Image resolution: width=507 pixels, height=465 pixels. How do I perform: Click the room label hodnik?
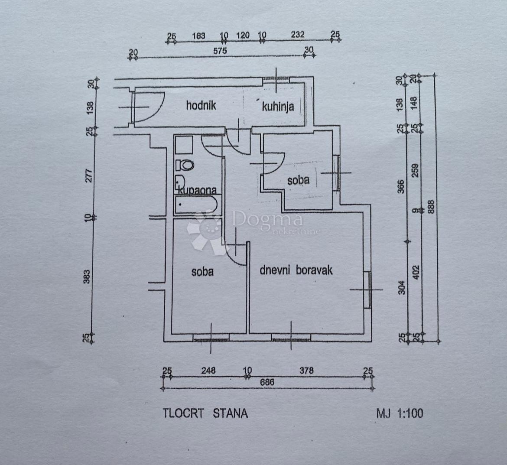pyautogui.click(x=201, y=105)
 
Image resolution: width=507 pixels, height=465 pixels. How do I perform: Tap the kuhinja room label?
pyautogui.click(x=278, y=106)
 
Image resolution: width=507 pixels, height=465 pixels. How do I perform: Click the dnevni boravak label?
pyautogui.click(x=296, y=270)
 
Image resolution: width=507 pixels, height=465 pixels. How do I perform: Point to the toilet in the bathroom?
pyautogui.click(x=186, y=165)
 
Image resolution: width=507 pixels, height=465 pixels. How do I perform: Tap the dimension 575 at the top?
pyautogui.click(x=220, y=51)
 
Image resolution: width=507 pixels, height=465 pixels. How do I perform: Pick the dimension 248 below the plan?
pyautogui.click(x=208, y=371)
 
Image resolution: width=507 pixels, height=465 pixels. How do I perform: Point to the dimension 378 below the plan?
pyautogui.click(x=306, y=371)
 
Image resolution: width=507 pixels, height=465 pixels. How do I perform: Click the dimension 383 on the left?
pyautogui.click(x=87, y=277)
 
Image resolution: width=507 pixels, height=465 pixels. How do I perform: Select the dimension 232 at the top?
pyautogui.click(x=298, y=35)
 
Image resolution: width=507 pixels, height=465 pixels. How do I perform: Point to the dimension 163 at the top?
pyautogui.click(x=198, y=35)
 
